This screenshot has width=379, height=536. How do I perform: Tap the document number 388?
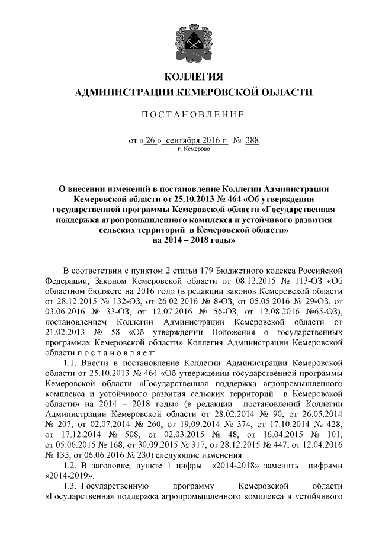point(252,140)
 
